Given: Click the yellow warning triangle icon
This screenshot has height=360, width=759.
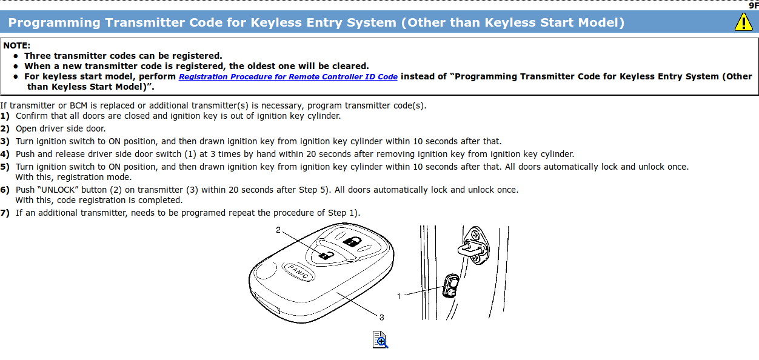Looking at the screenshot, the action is (743, 22).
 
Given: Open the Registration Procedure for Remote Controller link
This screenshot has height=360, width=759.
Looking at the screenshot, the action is (288, 77).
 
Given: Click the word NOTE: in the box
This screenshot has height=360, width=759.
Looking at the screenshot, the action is (16, 45).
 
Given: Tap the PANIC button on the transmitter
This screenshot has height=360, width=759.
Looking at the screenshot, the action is (298, 272).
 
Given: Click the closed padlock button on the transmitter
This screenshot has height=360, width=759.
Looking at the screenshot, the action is (352, 242).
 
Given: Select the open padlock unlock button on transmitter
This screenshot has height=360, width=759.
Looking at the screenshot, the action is (326, 255).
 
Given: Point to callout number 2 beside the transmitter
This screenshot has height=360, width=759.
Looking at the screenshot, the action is (278, 230).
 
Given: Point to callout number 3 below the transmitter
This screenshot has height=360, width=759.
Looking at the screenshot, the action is (381, 318).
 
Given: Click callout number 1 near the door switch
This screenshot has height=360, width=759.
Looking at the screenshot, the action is (399, 296).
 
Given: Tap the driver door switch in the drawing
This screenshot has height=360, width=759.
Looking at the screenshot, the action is (451, 286).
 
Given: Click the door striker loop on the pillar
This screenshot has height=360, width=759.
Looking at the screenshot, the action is (470, 250).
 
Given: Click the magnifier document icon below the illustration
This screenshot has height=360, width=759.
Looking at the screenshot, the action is (380, 339).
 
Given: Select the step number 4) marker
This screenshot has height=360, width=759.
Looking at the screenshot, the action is (5, 154).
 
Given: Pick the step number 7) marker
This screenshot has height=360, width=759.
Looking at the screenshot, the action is (5, 213).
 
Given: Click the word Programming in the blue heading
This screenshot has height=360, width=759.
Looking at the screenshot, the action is (54, 22).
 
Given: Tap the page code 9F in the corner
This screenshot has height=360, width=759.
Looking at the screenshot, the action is (754, 5).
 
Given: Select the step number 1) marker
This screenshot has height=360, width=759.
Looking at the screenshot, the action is (5, 116).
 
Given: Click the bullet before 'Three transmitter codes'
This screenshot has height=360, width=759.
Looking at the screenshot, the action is (16, 56).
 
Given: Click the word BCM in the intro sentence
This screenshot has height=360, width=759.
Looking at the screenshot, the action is (78, 105).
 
